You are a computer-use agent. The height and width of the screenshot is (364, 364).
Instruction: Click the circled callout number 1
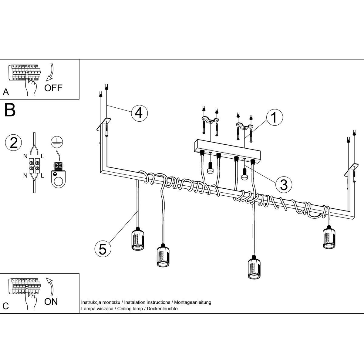[275, 117]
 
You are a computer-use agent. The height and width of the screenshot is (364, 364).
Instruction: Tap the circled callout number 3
[284, 184]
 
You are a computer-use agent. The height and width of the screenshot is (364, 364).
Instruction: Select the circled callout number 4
[140, 113]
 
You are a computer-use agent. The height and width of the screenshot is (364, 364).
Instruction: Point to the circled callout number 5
[103, 249]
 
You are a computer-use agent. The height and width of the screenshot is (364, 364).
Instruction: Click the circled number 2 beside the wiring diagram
[13, 143]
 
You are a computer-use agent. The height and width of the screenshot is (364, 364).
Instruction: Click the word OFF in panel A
[53, 88]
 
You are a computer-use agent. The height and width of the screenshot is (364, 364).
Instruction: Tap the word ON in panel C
[51, 302]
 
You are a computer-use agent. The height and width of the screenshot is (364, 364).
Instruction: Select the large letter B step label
[10, 110]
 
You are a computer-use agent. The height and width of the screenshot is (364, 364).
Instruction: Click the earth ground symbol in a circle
[57, 142]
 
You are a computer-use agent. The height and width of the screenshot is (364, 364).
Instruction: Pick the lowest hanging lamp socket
[254, 267]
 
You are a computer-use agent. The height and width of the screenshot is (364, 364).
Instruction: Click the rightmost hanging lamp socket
[329, 237]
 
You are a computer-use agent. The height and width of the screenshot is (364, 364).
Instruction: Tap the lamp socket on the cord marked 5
[138, 239]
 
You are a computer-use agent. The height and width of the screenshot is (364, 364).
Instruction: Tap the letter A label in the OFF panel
[6, 92]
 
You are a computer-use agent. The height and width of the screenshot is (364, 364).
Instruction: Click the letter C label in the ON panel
[6, 306]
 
